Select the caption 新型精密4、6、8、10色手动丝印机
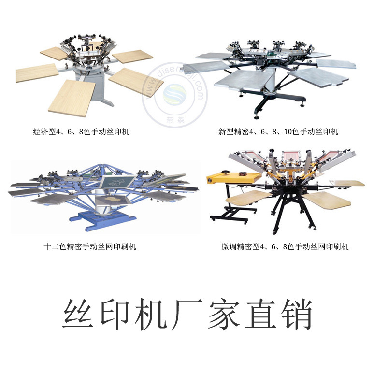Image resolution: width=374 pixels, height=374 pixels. (278, 131)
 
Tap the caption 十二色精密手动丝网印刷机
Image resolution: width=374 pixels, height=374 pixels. (90, 246)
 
